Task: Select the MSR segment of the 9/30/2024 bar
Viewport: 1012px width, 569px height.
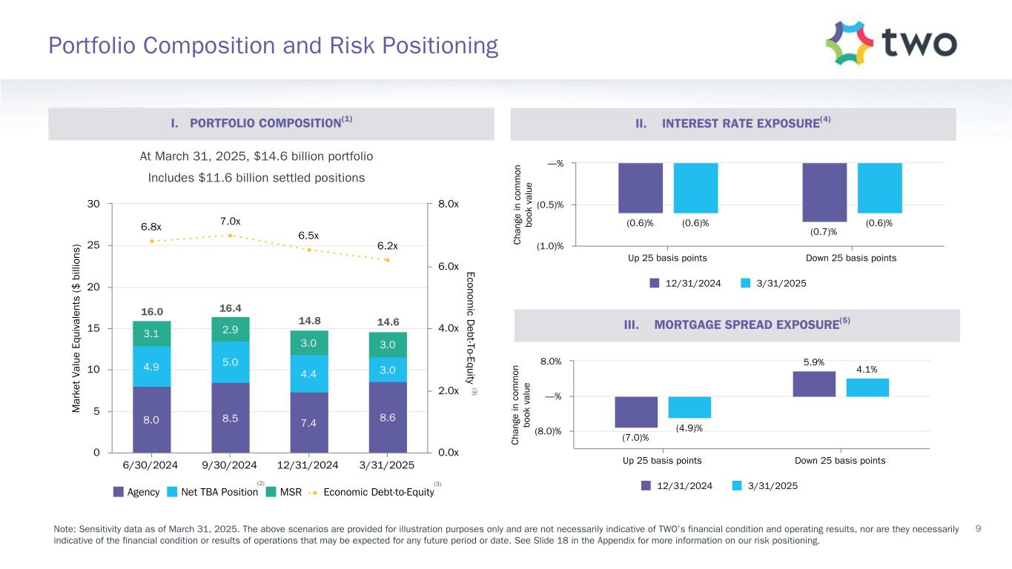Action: coord(230,329)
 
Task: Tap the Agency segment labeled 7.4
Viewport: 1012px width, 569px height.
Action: coord(309,422)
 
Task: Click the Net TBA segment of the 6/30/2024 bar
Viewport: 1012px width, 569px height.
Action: coord(151,367)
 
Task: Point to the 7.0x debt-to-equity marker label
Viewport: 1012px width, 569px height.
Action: coord(230,221)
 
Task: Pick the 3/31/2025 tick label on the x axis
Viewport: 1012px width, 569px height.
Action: coord(388,465)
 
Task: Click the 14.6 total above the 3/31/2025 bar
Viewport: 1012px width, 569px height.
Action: coord(388,322)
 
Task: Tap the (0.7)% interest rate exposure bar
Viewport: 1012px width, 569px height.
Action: coord(824,192)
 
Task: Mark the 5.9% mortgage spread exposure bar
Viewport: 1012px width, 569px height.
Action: coord(813,384)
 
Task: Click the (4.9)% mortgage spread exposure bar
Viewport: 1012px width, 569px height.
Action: coord(689,407)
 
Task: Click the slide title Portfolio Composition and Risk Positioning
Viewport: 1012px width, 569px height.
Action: coord(273,46)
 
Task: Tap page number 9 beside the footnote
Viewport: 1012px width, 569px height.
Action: coord(979,528)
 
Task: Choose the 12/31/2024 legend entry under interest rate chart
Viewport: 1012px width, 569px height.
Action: coord(685,284)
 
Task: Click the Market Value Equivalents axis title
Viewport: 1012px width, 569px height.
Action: coord(76,327)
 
